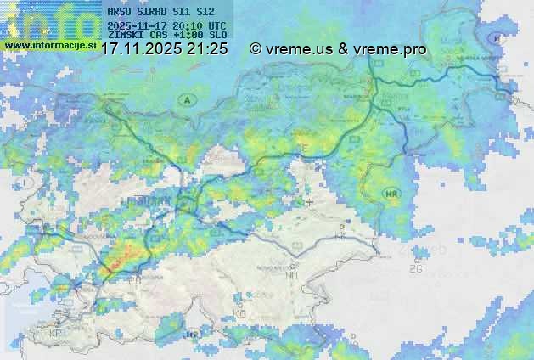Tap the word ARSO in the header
[x=121, y=13]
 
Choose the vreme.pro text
[x=389, y=49]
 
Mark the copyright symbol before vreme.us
[x=256, y=49]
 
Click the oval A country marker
[x=184, y=100]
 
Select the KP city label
[x=56, y=334]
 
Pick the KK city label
[x=340, y=237]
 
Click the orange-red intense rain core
[x=121, y=256]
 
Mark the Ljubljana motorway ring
[x=186, y=205]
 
